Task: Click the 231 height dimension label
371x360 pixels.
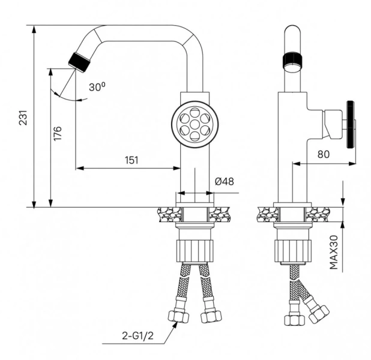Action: [23, 116]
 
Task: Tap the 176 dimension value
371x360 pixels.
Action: [58, 133]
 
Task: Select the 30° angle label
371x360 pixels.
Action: [97, 87]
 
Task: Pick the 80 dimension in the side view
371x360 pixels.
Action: [324, 154]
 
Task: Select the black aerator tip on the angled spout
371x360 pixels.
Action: [78, 60]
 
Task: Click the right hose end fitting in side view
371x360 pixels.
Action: [318, 311]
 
